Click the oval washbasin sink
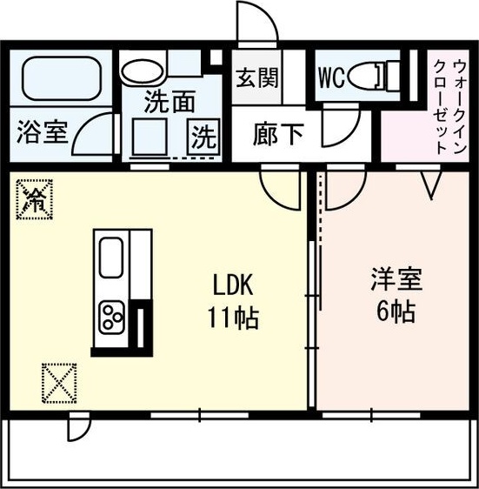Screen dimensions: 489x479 coord(142,72)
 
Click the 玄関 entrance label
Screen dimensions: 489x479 coord(256,77)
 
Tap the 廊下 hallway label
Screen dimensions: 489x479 coord(279,134)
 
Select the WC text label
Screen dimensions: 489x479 coord(331,77)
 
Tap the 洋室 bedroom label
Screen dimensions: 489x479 coord(396,280)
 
